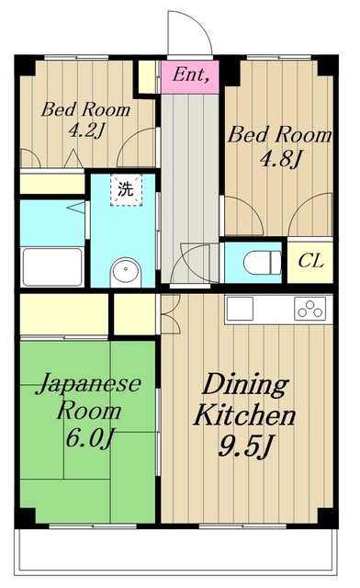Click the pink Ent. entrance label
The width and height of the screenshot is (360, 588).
click(x=190, y=75)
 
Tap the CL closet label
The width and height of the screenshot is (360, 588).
click(x=310, y=261)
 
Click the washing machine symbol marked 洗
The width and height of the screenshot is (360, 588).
click(x=123, y=190)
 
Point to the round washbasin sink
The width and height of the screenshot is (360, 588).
click(x=124, y=271)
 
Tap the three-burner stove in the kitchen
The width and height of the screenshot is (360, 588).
click(x=310, y=309)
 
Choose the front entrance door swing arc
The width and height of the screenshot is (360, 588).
click(x=189, y=34)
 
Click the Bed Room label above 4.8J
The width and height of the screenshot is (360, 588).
click(x=279, y=135)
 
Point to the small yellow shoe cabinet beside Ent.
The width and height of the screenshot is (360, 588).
click(x=147, y=77)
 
